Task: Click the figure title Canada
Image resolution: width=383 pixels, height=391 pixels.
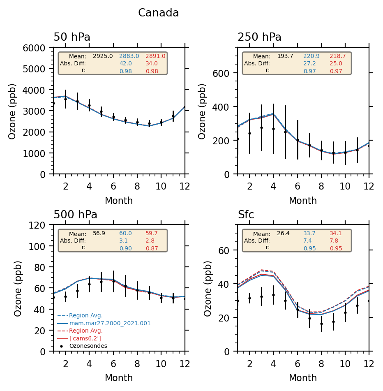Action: pos(158,13)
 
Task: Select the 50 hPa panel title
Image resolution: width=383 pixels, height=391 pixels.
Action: pos(72,37)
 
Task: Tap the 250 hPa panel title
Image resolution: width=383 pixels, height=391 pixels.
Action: pos(259,37)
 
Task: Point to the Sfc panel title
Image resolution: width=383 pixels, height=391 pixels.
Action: pos(246,215)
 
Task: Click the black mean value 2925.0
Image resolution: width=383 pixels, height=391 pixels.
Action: pos(103,56)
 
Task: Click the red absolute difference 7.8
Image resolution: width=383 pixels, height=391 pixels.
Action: pos(335,241)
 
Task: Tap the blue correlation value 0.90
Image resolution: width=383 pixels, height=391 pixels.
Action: pos(125,248)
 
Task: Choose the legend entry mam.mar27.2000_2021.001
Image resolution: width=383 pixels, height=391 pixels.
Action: pos(110,324)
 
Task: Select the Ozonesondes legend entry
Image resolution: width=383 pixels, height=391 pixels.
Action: pos(88,346)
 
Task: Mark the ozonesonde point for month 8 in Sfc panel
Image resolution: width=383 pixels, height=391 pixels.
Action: pos(321,324)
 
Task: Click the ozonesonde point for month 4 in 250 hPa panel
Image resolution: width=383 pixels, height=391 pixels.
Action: pos(273,129)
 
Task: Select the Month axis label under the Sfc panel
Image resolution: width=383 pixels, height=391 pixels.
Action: pos(303,378)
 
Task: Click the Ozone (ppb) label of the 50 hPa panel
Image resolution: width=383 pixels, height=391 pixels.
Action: pos(13,111)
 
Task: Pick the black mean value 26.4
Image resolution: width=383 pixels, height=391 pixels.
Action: pos(283,234)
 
